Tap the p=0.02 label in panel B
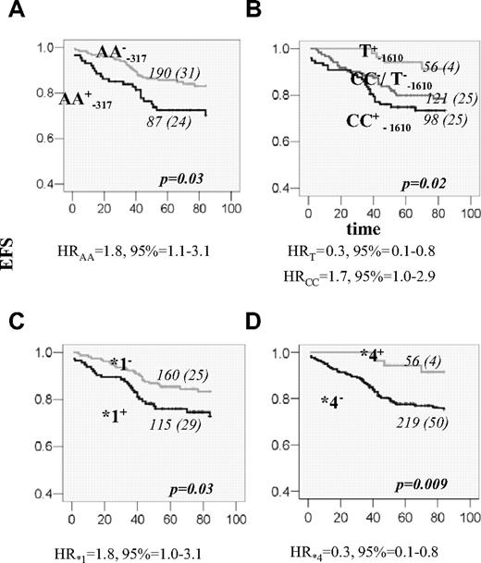(421, 184)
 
